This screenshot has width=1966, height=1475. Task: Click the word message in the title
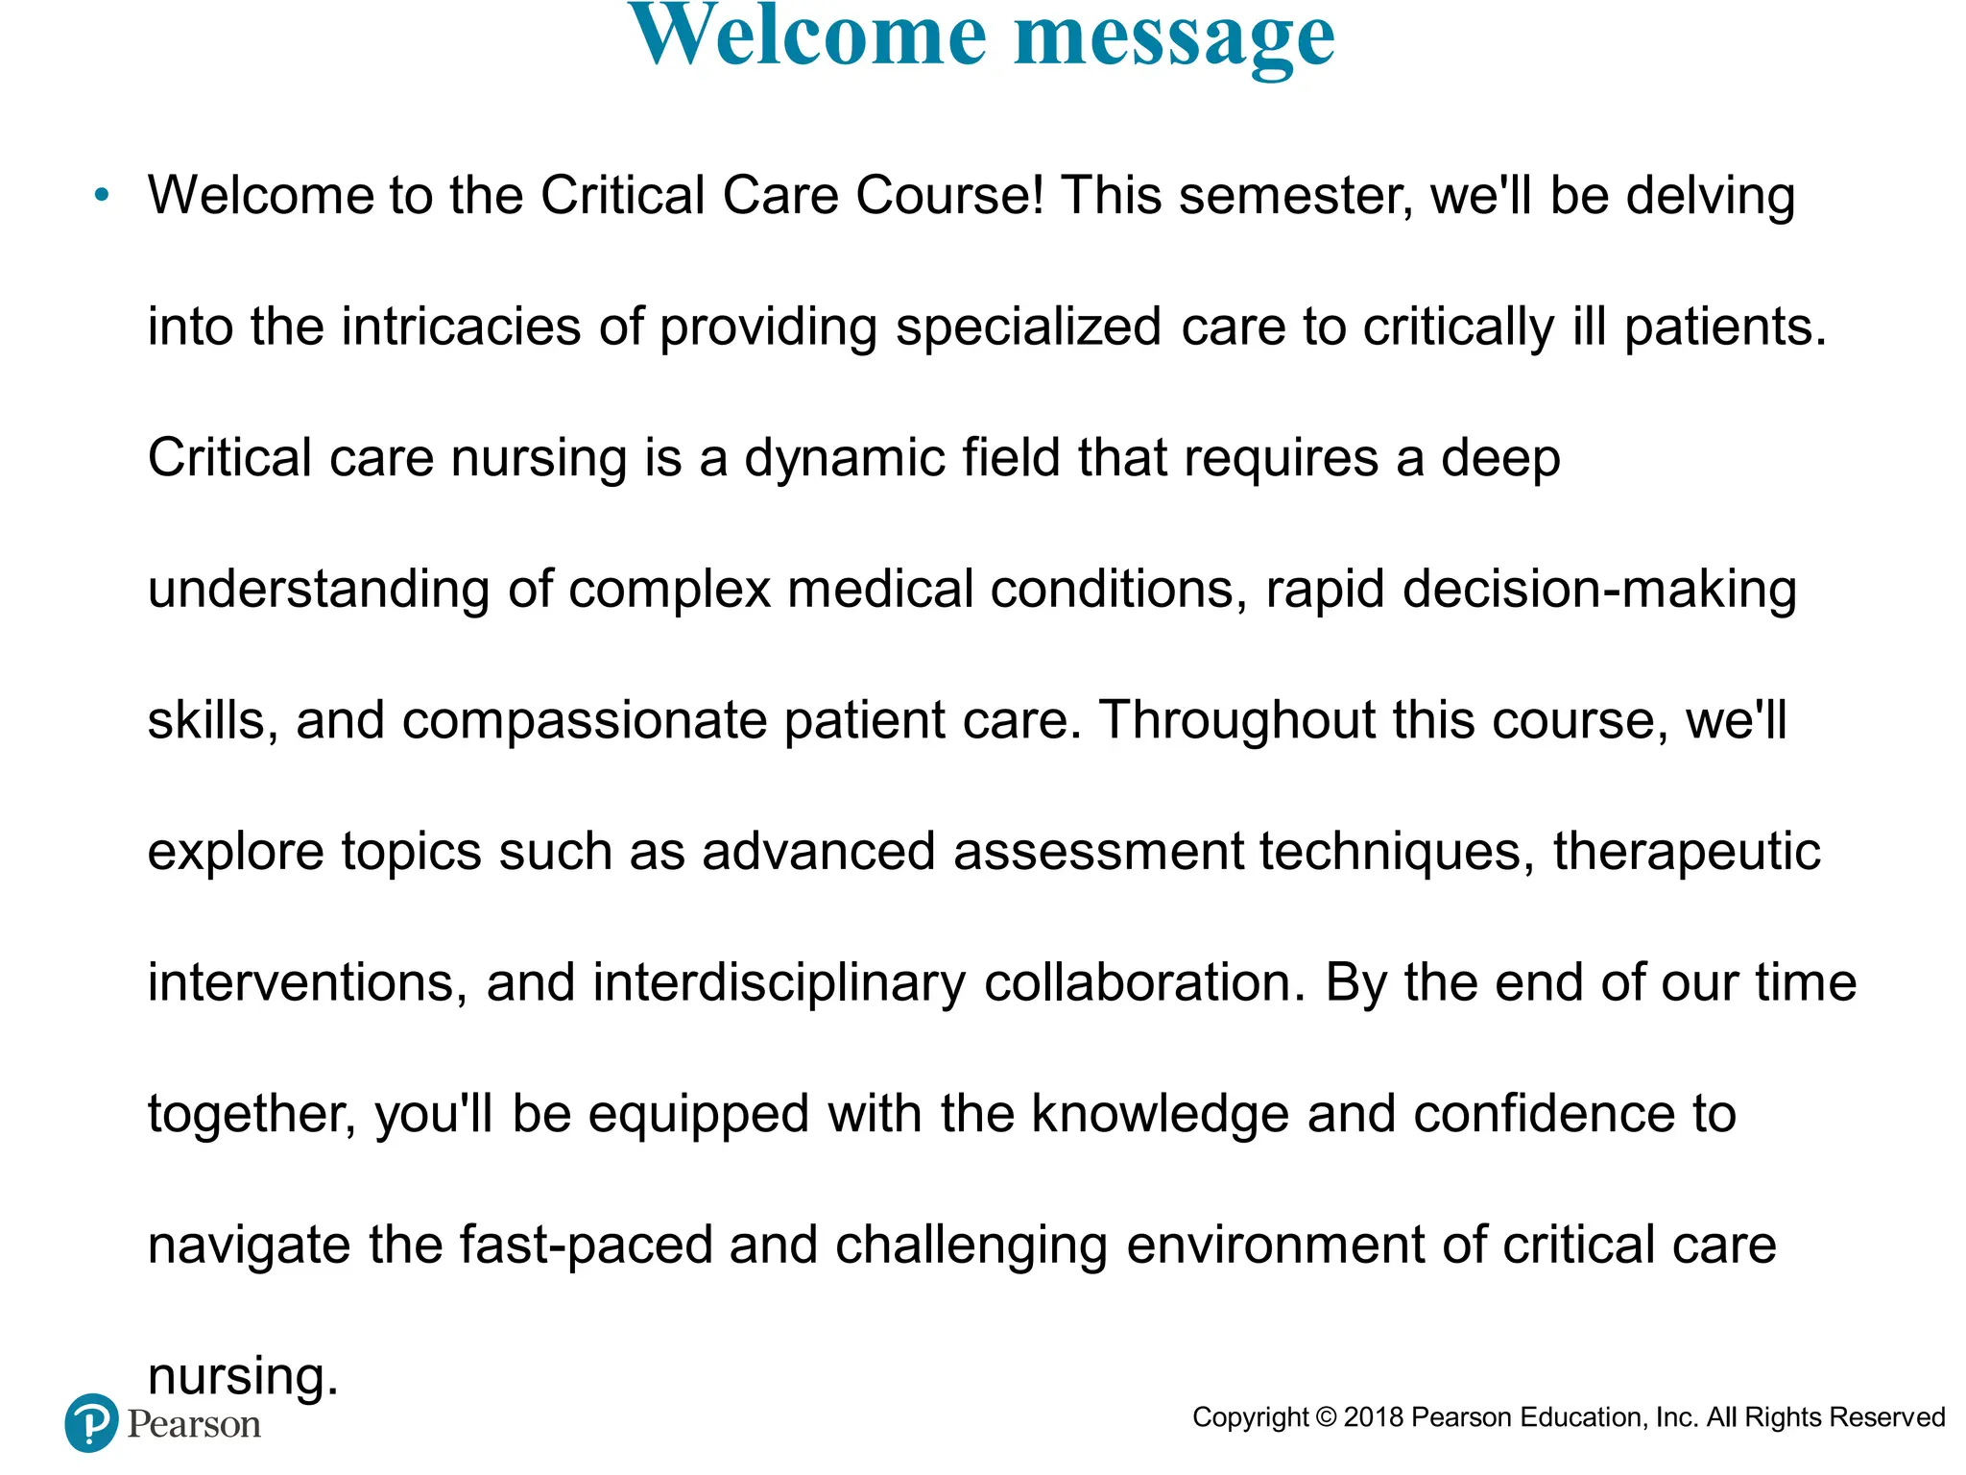click(x=1174, y=38)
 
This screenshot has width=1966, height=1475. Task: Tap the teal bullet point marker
click(x=103, y=196)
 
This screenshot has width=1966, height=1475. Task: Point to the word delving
click(x=1710, y=196)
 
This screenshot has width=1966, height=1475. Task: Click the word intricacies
click(x=461, y=326)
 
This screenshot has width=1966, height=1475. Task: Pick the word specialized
click(x=1028, y=326)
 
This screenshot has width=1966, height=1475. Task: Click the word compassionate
click(x=584, y=720)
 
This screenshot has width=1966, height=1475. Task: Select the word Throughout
click(x=1237, y=720)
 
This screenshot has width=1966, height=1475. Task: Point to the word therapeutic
click(x=1687, y=851)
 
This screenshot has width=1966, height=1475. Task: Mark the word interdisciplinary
click(x=779, y=982)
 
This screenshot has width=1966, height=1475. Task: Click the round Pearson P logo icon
click(x=92, y=1422)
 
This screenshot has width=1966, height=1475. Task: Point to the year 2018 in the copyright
click(x=1374, y=1417)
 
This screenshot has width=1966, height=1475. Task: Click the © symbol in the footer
click(x=1326, y=1417)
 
